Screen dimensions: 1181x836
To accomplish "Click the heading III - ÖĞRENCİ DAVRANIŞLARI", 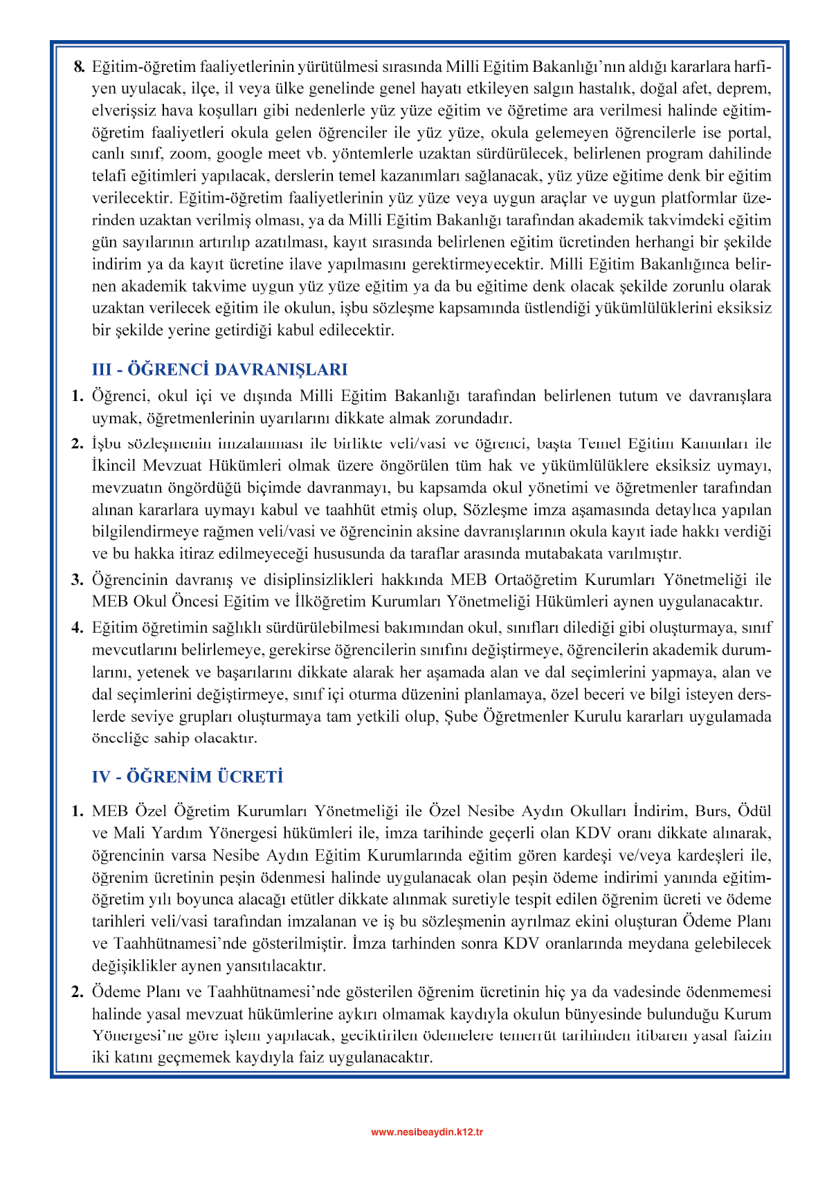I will click(x=219, y=369).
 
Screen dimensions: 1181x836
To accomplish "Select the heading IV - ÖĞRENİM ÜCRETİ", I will click(x=188, y=777).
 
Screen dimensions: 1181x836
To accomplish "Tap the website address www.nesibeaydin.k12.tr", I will click(x=427, y=1132).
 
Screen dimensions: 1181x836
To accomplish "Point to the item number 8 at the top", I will click(x=79, y=67).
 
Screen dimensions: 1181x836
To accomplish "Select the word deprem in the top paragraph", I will click(x=746, y=89).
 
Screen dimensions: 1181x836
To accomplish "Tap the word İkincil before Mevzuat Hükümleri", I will click(x=114, y=466).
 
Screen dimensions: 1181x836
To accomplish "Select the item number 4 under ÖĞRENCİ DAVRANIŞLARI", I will click(x=78, y=628).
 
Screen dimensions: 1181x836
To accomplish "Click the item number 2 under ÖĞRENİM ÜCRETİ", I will click(x=78, y=992).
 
